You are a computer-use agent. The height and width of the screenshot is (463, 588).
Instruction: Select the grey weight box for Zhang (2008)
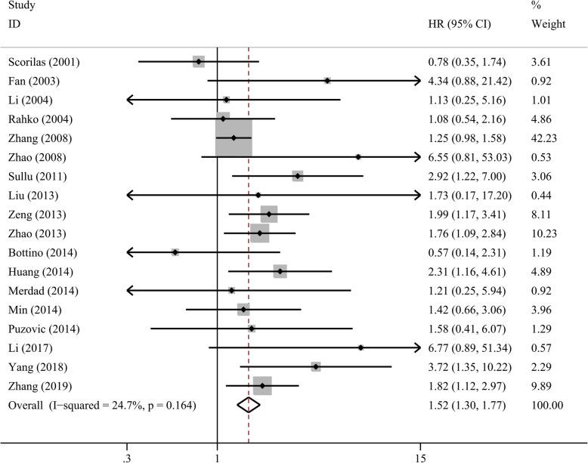coord(234,138)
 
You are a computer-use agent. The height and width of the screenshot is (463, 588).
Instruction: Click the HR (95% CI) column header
coord(460,24)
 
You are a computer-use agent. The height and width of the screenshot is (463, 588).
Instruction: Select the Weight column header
coord(548,24)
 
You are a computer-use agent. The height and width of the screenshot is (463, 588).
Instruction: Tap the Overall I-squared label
coord(102,406)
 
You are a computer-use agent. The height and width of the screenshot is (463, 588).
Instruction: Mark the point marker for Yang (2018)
coord(316,367)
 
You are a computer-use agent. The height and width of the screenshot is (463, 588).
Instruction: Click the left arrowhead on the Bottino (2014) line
coord(131,252)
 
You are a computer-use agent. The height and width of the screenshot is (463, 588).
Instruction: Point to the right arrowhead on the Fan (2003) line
coord(416,80)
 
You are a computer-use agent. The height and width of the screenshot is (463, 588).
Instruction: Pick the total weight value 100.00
coord(548,406)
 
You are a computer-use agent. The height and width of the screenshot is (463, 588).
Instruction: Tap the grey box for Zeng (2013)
coord(268,215)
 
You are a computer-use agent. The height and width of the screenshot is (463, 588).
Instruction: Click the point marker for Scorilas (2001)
coord(198,61)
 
